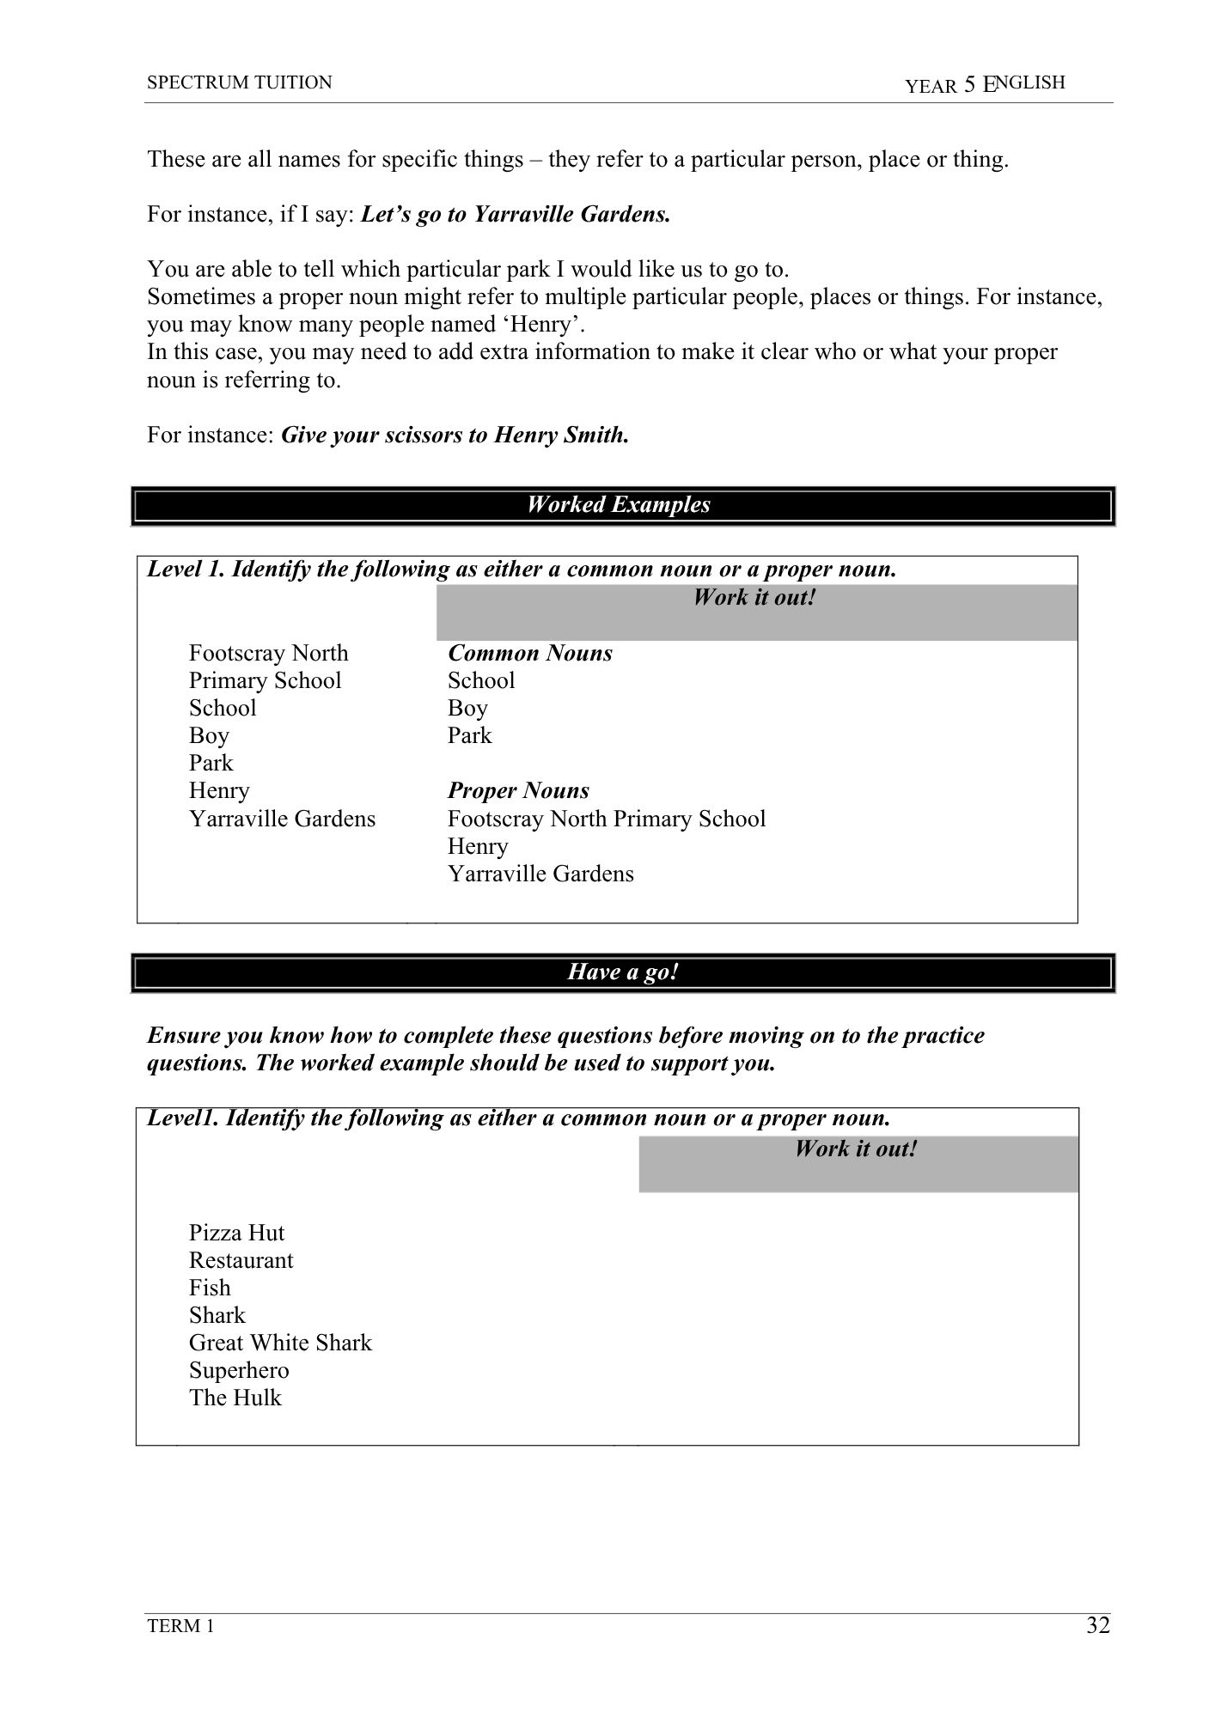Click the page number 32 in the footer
(x=1097, y=1625)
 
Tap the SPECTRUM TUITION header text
(x=239, y=82)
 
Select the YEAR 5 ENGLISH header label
(x=985, y=83)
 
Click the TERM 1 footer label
(x=180, y=1626)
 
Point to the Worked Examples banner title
(x=619, y=504)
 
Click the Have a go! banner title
(x=623, y=972)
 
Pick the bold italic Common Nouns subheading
(x=530, y=653)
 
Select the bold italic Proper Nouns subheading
(x=518, y=790)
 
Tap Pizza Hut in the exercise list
(x=236, y=1233)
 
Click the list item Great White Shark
(x=280, y=1343)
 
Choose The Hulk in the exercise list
(x=235, y=1398)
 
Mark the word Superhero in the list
(x=239, y=1370)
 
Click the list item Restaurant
(x=241, y=1260)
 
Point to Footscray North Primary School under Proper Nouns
(x=606, y=819)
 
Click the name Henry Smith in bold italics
(x=560, y=435)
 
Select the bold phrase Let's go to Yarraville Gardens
(x=516, y=214)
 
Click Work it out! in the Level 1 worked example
(x=754, y=597)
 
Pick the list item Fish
(x=210, y=1288)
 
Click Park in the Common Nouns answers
(x=469, y=735)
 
